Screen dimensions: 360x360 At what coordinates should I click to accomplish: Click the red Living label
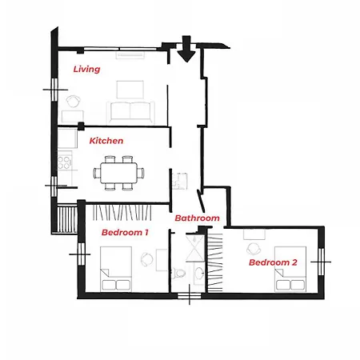point(86,69)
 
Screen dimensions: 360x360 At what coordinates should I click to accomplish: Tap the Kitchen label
point(106,141)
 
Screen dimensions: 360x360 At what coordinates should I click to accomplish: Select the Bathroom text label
point(197,218)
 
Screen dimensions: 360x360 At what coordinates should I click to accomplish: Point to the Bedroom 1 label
point(124,233)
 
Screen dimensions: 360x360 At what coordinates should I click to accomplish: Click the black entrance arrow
point(186,50)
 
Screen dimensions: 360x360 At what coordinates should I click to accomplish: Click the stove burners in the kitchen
point(65,163)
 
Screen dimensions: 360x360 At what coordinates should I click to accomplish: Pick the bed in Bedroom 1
point(115,270)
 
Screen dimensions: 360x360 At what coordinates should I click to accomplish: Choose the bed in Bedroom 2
point(290,271)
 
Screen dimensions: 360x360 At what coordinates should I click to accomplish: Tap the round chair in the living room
point(73,102)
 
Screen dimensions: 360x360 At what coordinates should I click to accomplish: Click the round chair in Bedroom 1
point(146,258)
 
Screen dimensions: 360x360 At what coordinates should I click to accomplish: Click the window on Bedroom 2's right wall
point(323,256)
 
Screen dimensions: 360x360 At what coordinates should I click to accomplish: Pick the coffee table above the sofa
point(128,88)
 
